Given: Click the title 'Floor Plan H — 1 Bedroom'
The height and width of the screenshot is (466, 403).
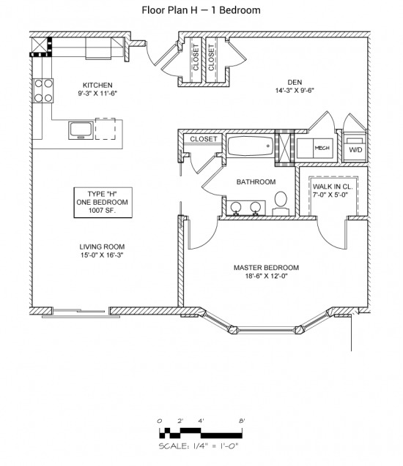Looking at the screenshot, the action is coord(201,10).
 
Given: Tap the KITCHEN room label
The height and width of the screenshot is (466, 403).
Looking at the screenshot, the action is coord(97,85).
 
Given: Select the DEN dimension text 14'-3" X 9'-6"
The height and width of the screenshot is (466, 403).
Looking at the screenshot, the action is coord(295,91).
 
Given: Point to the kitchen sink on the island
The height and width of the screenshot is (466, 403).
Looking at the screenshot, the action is coord(81,130).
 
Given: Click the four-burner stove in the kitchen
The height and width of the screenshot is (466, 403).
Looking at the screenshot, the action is coord(43,91).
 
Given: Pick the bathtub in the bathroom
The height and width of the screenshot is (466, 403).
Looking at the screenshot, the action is coord(251,146).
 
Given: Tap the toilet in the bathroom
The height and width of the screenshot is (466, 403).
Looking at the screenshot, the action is coord(281,203).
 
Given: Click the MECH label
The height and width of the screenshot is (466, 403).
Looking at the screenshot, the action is coord(322,148).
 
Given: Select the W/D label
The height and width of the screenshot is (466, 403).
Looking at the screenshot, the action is coord(355,150).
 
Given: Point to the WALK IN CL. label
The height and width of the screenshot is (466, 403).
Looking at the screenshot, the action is coord(333,187).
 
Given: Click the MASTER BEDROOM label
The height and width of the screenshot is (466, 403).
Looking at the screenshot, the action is coord(266,268).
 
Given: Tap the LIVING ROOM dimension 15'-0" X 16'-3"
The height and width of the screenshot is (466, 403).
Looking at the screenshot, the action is coord(102,255).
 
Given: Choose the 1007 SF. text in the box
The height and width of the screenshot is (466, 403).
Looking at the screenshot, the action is coord(102,211).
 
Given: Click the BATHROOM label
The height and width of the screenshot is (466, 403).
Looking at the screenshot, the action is coord(256,182).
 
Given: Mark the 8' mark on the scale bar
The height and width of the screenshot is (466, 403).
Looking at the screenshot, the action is coord(242,421).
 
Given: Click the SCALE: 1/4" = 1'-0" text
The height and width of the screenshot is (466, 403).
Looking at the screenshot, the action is coord(199,446).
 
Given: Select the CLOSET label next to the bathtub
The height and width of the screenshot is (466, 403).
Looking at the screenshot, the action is coord(204,139).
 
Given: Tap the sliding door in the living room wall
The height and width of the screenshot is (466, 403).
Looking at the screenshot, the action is coord(81,313).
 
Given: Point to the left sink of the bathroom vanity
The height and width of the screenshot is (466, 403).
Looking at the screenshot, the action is coord(236,208).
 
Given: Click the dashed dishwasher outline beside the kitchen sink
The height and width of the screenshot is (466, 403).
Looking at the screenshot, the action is coord(106,129).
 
